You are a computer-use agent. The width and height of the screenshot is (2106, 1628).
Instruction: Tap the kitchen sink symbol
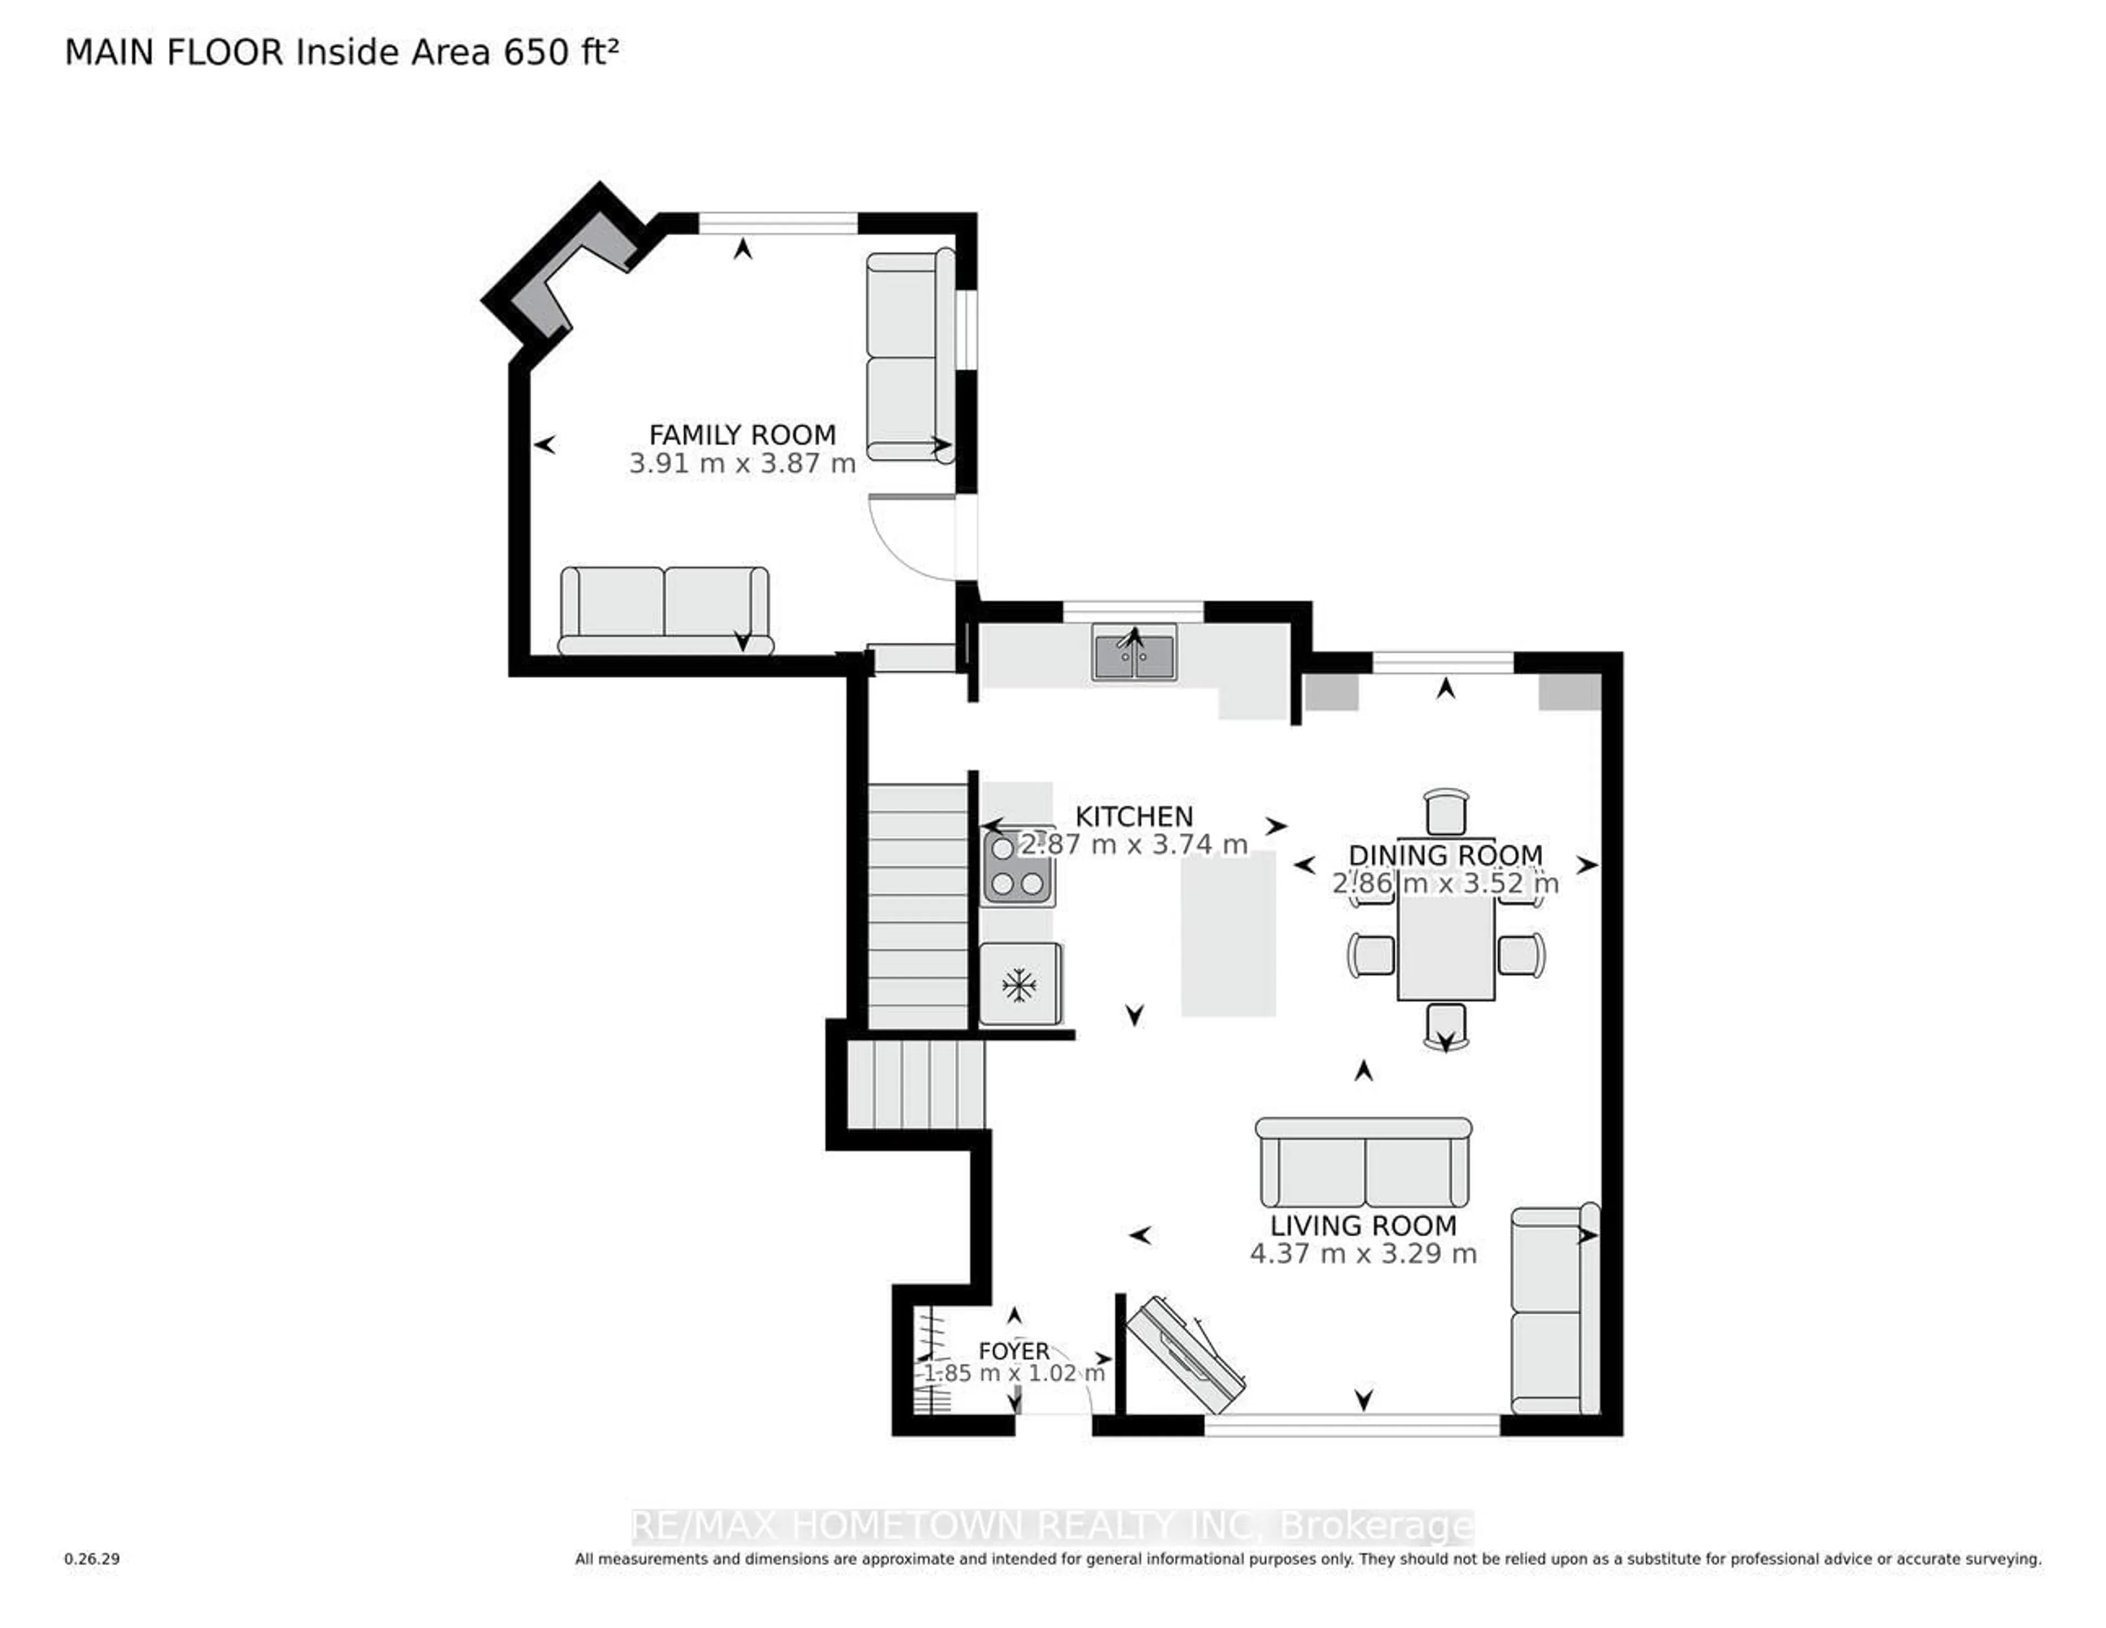(1134, 653)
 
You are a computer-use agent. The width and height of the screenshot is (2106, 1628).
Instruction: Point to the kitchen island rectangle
(1228, 934)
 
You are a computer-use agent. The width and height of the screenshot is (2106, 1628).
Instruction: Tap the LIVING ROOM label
(1362, 1226)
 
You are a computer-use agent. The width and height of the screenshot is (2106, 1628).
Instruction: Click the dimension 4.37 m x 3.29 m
(1362, 1254)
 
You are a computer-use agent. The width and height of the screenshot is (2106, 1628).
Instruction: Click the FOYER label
(1014, 1351)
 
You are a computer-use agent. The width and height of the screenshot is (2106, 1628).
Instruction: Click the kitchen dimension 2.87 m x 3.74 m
(1134, 845)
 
